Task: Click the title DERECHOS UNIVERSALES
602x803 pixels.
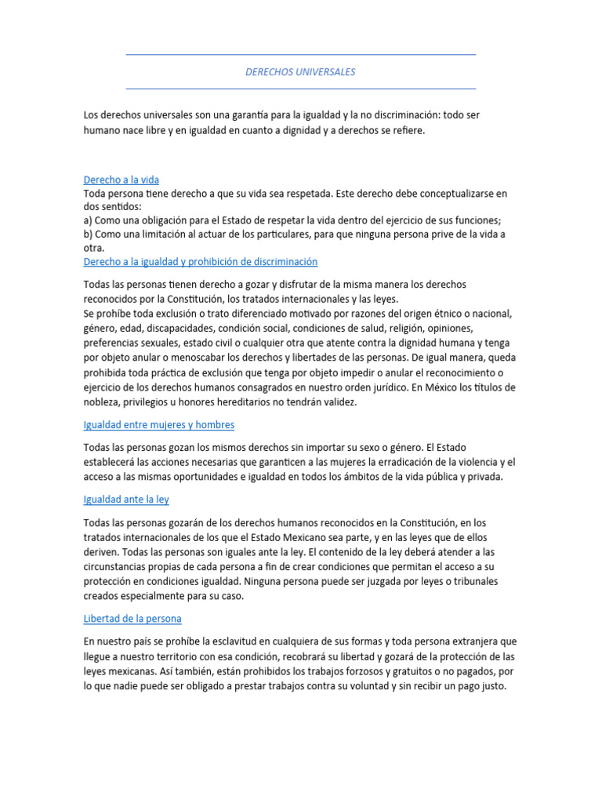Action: pyautogui.click(x=300, y=72)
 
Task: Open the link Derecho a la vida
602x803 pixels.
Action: pyautogui.click(x=121, y=180)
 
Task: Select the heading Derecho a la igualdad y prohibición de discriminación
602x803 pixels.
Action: pyautogui.click(x=200, y=261)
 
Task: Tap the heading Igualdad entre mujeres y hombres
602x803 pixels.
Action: pyautogui.click(x=158, y=424)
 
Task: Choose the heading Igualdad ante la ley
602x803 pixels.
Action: pyautogui.click(x=125, y=499)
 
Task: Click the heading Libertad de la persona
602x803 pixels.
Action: pyautogui.click(x=132, y=618)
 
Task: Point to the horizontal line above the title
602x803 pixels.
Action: pyautogui.click(x=300, y=55)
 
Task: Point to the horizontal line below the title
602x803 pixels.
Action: pyautogui.click(x=300, y=89)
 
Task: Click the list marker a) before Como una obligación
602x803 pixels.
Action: pyautogui.click(x=88, y=220)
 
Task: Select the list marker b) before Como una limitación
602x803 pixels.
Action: pyautogui.click(x=89, y=234)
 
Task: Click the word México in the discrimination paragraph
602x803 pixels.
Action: pyautogui.click(x=424, y=387)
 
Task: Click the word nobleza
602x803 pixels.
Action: pyautogui.click(x=103, y=401)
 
